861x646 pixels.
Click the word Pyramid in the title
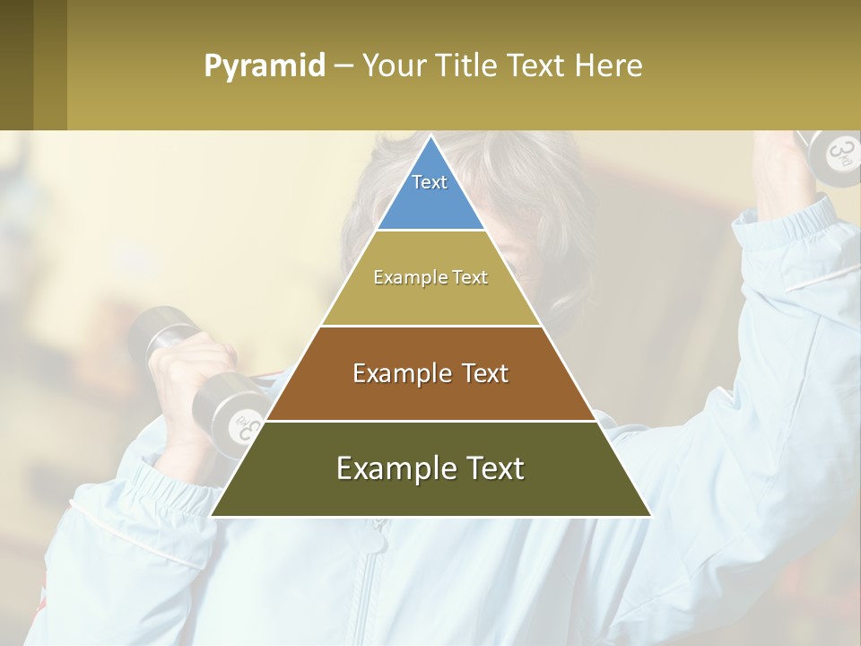(264, 66)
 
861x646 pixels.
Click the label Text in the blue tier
(430, 182)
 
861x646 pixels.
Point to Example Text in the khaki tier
(430, 277)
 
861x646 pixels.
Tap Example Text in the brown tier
(430, 373)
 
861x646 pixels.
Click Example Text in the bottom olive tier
(430, 468)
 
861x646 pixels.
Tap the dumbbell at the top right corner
(831, 153)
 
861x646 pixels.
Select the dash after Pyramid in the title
(343, 66)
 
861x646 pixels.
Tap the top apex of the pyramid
(430, 138)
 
